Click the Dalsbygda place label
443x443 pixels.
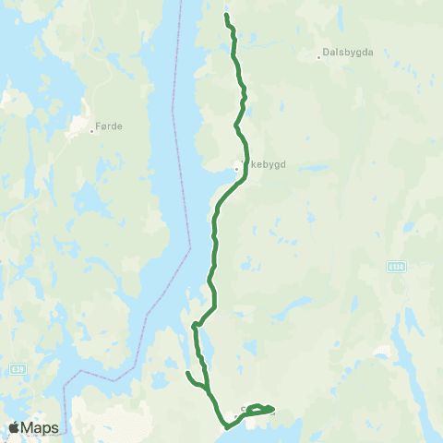point(349,53)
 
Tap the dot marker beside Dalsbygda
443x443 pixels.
point(318,57)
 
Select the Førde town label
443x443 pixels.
point(109,126)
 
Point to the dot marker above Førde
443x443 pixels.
point(92,131)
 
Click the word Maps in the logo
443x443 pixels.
point(41,427)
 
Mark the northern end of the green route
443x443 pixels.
point(226,16)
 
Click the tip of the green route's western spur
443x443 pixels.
point(187,373)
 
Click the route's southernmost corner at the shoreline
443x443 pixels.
point(226,426)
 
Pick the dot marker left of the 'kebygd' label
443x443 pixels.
point(236,168)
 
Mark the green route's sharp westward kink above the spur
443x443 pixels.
point(194,325)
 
